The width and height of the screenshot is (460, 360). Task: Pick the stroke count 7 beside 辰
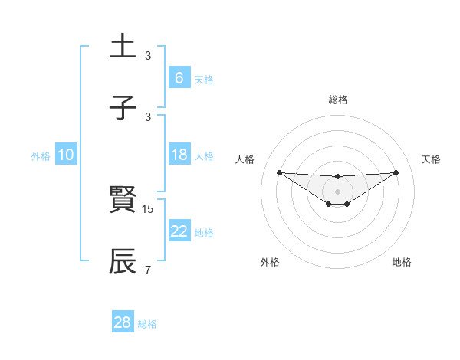pos(148,270)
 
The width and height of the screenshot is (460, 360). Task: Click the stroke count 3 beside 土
pos(148,56)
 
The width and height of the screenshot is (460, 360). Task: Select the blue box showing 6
pos(179,78)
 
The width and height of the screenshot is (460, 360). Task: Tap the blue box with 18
pos(179,155)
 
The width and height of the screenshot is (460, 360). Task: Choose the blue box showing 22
pos(179,231)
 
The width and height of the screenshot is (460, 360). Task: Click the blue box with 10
pos(66,155)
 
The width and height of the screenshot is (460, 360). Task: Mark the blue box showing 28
pos(122,322)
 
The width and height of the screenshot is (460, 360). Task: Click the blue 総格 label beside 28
pos(147,324)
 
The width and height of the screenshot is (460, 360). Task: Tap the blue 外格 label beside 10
pos(41,156)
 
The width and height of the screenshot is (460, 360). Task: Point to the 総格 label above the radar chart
pos(337,100)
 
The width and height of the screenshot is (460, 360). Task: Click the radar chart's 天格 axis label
pos(431,159)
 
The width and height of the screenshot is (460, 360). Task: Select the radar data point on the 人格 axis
pos(279,172)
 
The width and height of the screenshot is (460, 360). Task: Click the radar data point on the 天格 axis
pos(396,172)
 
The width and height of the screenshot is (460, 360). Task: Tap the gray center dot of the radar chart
pos(337,191)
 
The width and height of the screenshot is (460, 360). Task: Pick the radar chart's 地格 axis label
pos(402,262)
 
